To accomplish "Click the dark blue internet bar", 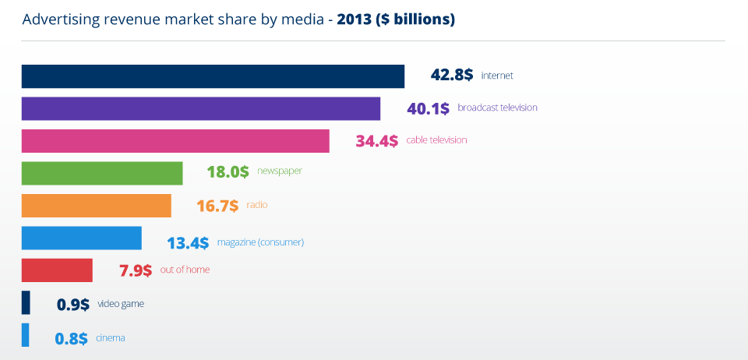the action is (x=213, y=76).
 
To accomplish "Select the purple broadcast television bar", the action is (x=201, y=109).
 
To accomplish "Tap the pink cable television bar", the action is (x=175, y=141).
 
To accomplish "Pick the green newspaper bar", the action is (x=102, y=173).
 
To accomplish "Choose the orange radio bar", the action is (x=97, y=206).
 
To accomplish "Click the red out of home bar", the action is (x=57, y=270).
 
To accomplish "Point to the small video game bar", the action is (x=26, y=303).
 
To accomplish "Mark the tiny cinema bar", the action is (x=25, y=335).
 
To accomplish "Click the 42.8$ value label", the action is (x=452, y=76).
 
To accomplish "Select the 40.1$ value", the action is (x=428, y=108).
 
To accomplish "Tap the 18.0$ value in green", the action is (x=228, y=172).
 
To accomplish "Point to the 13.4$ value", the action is (x=188, y=243).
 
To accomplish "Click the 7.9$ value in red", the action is (x=136, y=271).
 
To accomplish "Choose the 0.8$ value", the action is (x=72, y=339).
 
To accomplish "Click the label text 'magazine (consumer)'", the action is (x=260, y=242).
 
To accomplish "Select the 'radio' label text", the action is (x=257, y=205).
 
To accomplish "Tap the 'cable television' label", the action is (x=436, y=140).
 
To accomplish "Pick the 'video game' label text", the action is (x=121, y=304).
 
